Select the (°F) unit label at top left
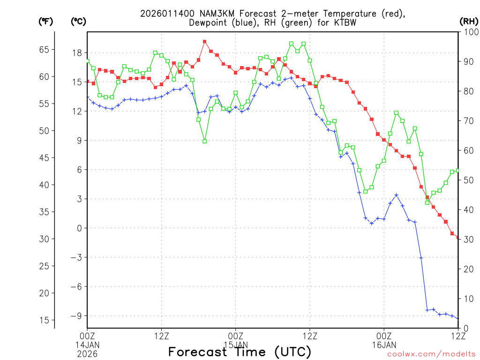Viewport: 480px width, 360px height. click(x=45, y=21)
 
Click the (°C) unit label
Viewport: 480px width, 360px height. click(x=78, y=21)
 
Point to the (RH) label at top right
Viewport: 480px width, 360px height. click(x=468, y=21)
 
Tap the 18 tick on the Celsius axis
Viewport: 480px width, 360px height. click(x=76, y=52)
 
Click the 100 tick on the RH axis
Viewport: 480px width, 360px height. click(x=469, y=32)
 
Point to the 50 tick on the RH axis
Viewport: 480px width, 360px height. click(x=467, y=180)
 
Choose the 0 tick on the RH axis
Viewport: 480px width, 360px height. click(x=465, y=328)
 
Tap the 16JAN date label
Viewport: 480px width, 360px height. click(x=384, y=345)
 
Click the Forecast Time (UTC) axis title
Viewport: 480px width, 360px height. click(x=240, y=352)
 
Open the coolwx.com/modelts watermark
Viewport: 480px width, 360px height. click(x=431, y=354)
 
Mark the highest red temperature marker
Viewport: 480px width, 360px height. click(x=205, y=41)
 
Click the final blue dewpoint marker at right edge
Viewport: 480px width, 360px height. click(x=458, y=318)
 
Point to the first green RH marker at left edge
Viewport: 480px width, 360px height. click(x=87, y=61)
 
